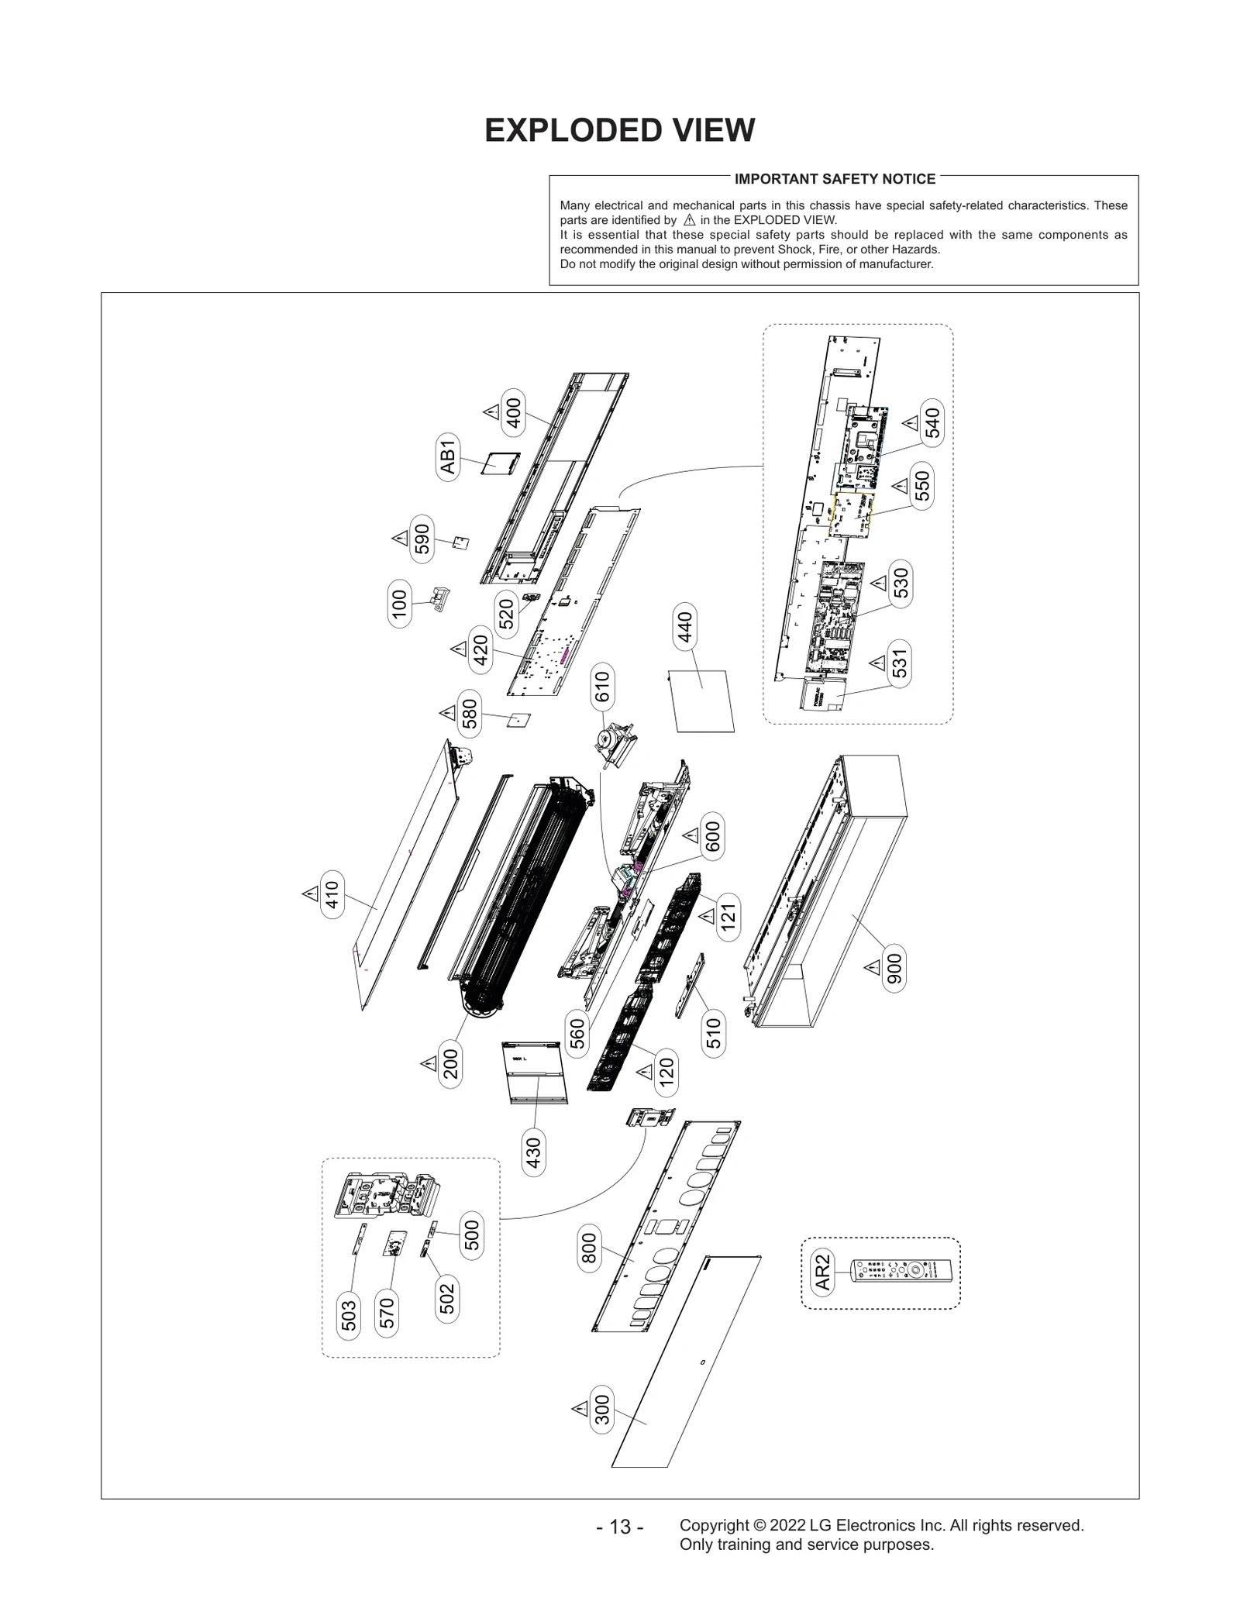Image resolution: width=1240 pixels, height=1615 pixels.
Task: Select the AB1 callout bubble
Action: tap(448, 457)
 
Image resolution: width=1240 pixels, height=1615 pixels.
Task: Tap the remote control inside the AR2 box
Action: tap(903, 1272)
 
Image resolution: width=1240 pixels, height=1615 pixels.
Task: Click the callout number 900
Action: tap(894, 969)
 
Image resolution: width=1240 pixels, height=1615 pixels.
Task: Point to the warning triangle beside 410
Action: tap(311, 894)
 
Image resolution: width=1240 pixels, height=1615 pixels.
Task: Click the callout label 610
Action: tap(602, 687)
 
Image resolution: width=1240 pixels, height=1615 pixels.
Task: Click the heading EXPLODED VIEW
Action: tap(619, 130)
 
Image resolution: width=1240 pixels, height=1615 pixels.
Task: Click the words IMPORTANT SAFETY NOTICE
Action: tap(835, 179)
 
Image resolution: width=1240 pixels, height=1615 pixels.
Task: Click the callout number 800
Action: tap(589, 1248)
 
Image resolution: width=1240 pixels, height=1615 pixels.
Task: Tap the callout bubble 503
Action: tap(350, 1315)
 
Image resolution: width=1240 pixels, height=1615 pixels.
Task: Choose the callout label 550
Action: tap(921, 486)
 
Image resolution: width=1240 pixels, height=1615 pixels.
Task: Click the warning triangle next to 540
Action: tap(911, 423)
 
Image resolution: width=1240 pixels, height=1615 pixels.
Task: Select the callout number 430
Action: tap(533, 1153)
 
